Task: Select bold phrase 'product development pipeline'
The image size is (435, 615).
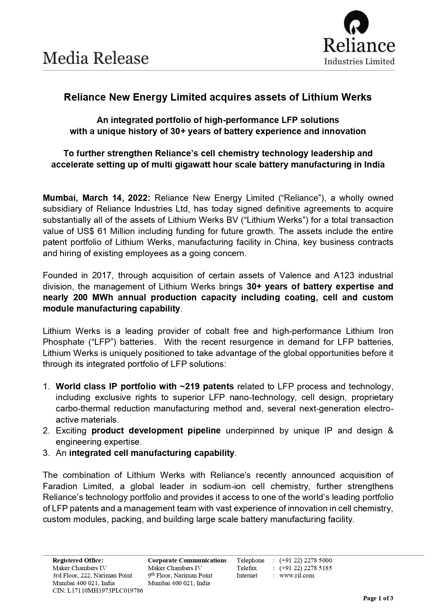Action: tap(156, 431)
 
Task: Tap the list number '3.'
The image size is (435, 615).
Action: tap(46, 453)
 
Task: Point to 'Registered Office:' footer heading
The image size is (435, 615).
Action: tap(78, 560)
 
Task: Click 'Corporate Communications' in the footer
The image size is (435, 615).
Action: tap(187, 560)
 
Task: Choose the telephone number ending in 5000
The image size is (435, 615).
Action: tap(305, 560)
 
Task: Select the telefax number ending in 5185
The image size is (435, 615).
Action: tap(305, 568)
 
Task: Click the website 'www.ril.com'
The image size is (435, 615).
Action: tap(297, 575)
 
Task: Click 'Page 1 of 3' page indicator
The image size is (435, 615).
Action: tap(378, 598)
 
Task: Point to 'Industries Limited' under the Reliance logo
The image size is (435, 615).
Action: tap(359, 62)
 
